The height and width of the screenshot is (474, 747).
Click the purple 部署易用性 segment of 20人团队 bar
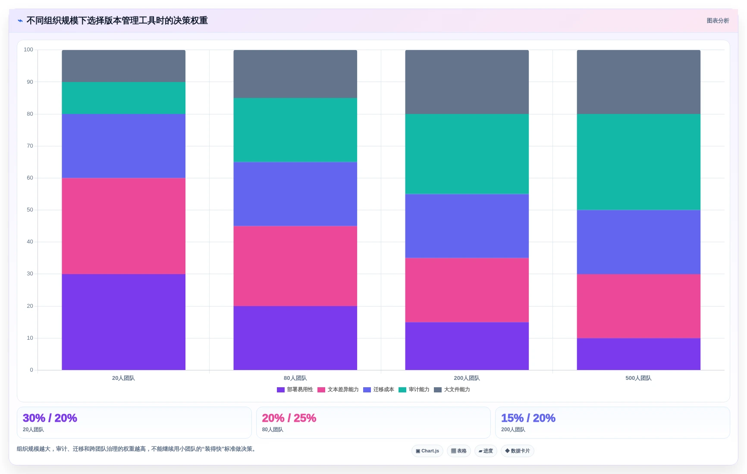point(123,322)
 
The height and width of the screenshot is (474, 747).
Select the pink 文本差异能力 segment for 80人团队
point(295,266)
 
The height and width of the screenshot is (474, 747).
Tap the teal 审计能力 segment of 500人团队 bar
point(638,162)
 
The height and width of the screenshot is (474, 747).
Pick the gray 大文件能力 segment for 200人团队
point(467,82)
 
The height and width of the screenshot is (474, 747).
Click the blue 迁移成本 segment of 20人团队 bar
point(123,146)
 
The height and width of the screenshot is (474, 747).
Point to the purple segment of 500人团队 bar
point(638,354)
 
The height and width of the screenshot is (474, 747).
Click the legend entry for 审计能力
point(414,389)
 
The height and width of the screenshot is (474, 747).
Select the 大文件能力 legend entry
point(452,389)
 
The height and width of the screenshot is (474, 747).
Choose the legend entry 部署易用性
point(295,389)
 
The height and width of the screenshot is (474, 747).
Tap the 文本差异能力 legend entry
point(338,389)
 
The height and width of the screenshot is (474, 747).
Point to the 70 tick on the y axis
point(30,146)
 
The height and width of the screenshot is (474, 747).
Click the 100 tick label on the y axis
point(28,50)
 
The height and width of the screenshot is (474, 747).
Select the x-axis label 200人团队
point(467,378)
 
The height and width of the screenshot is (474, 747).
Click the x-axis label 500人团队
point(638,378)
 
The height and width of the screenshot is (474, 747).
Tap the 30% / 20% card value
point(50,418)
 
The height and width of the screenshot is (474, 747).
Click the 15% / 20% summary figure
point(528,418)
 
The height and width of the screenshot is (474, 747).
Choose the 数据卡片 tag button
point(518,451)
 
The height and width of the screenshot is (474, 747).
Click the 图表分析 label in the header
point(718,21)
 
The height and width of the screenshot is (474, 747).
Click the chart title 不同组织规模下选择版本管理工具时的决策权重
point(117,21)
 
